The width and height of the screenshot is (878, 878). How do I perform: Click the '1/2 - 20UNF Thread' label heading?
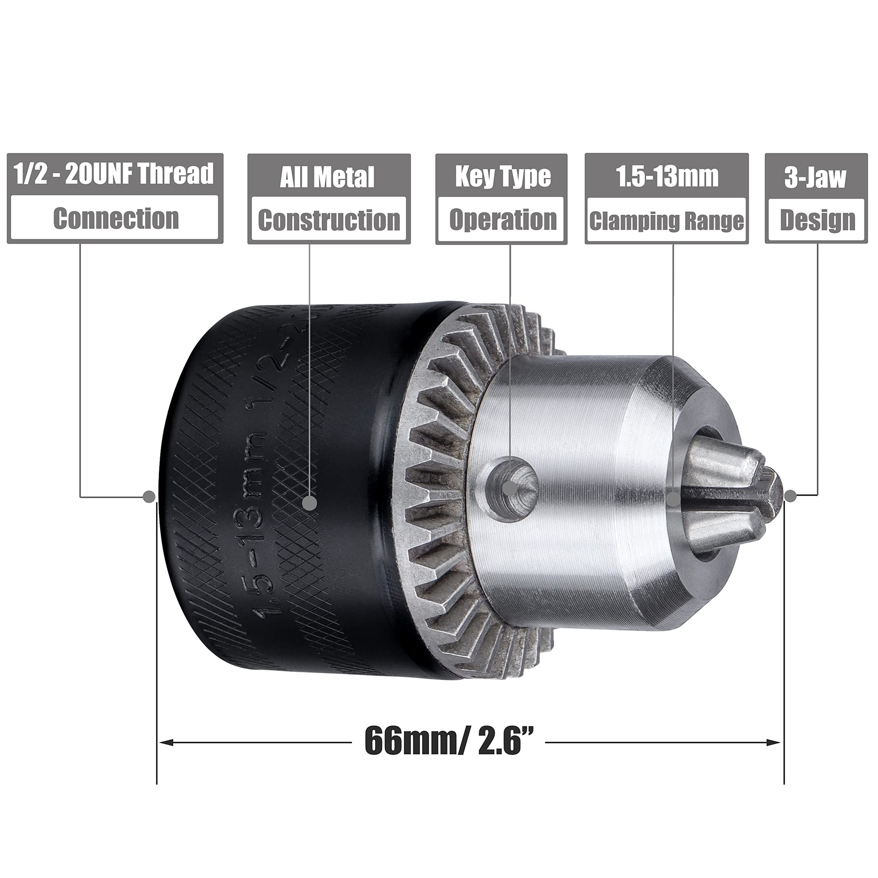114,174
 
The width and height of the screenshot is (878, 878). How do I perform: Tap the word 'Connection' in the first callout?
116,218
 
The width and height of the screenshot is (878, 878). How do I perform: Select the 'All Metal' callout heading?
327,176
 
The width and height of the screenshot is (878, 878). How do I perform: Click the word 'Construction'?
329,221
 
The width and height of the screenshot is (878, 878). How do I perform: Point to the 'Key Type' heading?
503,177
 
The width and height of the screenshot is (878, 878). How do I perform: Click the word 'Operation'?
503,220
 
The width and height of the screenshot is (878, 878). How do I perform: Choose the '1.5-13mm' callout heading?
667,176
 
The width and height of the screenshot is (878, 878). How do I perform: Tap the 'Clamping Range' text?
667,222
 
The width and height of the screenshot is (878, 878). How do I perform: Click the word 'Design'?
818,221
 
